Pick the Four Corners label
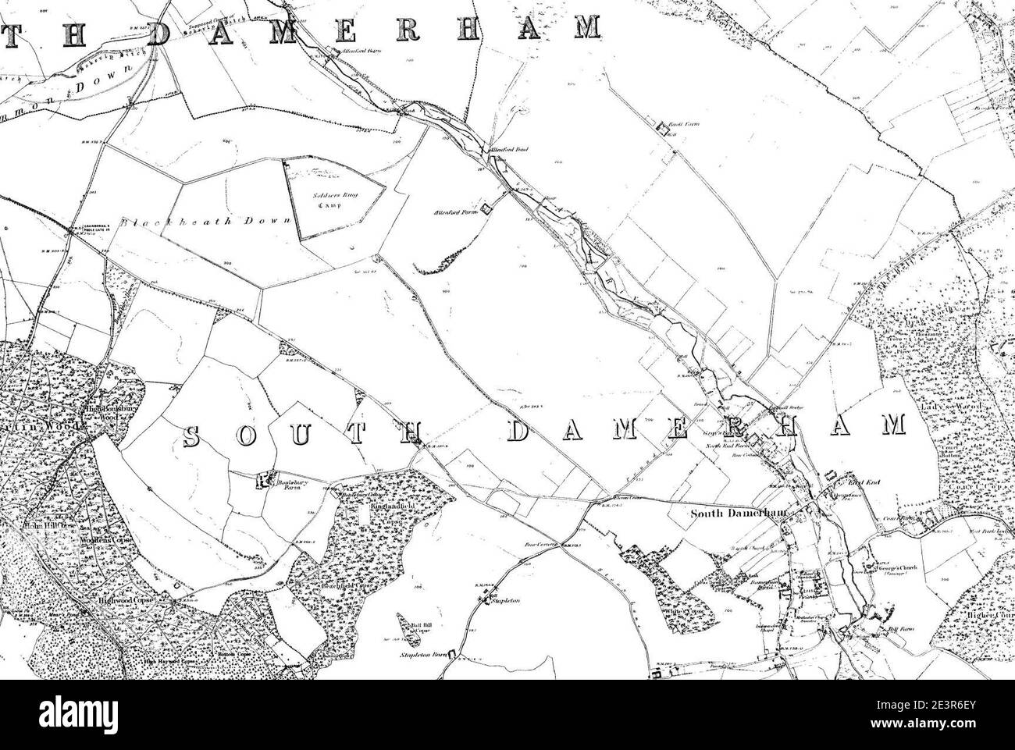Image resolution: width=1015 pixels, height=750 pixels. click(538, 546)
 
